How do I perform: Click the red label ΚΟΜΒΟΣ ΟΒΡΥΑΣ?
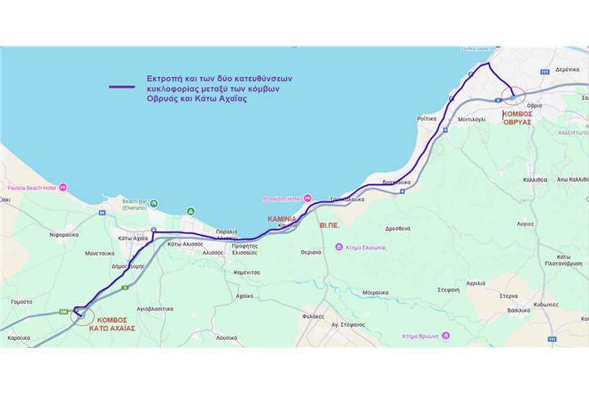pos(517,117)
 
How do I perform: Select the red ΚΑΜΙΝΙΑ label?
pos(281,219)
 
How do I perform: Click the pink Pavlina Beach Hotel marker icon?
pos(63,187)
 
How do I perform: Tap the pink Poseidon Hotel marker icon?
pos(308,198)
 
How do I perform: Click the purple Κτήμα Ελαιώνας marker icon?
pos(339,247)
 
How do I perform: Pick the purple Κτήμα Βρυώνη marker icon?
pos(446,336)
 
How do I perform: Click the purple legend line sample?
pos(123,86)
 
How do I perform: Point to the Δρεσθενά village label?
pos(398,229)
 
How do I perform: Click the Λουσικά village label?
pos(227,337)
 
